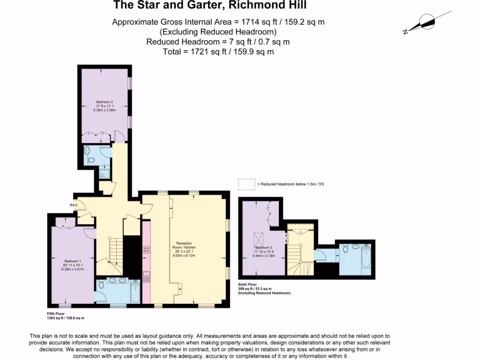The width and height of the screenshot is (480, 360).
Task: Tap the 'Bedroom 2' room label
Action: click(x=105, y=102)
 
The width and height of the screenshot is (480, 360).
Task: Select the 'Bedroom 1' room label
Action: click(x=73, y=261)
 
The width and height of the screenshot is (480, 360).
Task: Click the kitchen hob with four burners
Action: click(x=146, y=250)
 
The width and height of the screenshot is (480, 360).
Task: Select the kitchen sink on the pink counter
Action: click(x=146, y=277)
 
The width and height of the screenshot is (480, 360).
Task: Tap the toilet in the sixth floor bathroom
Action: click(x=345, y=249)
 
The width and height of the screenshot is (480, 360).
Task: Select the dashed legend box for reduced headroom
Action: click(x=247, y=184)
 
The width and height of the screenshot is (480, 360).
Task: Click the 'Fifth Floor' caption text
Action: click(x=52, y=314)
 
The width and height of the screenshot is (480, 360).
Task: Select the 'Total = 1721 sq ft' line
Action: click(x=218, y=52)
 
